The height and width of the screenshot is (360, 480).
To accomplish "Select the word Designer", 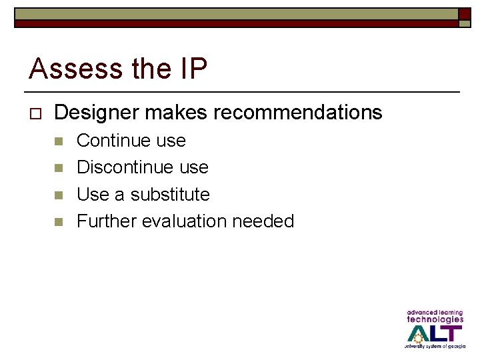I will point(97,113).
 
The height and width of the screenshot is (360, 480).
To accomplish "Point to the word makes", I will point(177,113).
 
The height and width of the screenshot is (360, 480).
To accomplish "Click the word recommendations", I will point(298,113).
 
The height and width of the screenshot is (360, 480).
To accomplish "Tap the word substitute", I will point(170,194).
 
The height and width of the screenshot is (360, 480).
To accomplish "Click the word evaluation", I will point(183,221).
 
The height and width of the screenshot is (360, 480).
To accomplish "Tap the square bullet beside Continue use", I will point(58,141).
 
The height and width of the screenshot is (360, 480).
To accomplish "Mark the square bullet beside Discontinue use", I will point(58,168).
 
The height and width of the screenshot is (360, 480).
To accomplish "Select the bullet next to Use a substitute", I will point(58,195).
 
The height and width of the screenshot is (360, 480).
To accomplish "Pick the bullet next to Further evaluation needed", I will point(58,221).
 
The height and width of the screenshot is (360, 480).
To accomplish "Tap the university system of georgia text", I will point(434,346).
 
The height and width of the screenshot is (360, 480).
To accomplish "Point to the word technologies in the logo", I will point(435,319).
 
